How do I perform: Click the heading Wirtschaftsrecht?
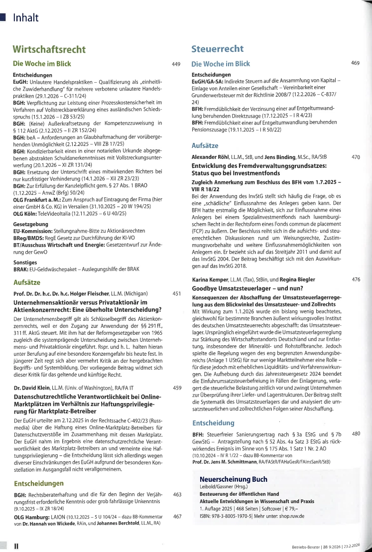49,49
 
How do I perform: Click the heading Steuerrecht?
218,49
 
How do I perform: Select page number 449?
176,64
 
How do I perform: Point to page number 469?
356,63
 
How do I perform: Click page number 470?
356,157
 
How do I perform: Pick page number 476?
356,279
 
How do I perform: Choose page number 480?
356,434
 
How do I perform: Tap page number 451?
176,294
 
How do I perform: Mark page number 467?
176,517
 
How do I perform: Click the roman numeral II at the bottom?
16,546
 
